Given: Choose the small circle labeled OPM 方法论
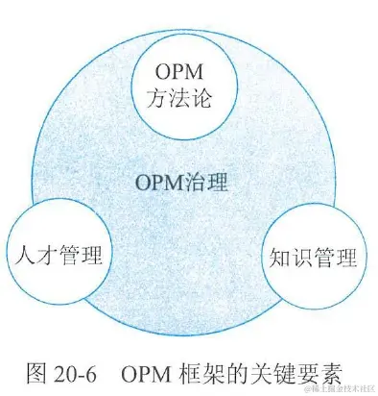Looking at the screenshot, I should [x=179, y=85].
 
